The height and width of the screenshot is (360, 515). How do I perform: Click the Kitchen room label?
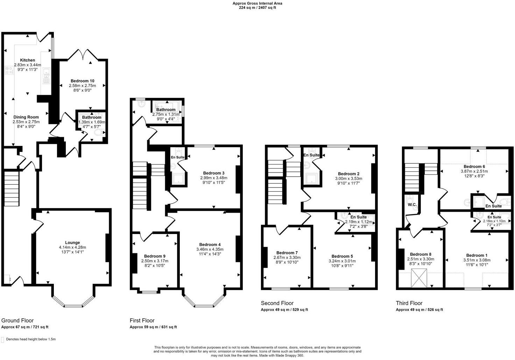coord(27,60)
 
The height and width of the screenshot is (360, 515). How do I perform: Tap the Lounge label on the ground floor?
coord(72,242)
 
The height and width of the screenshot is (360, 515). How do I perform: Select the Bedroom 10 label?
coord(82,81)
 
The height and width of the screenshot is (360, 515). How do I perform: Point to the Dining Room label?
coord(26,117)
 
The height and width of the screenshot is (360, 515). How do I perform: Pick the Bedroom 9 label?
coord(155,256)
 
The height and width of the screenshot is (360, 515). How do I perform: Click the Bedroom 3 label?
coord(214,173)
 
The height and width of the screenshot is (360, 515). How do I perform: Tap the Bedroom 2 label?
coord(348,174)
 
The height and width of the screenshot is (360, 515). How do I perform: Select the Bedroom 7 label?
coord(287,253)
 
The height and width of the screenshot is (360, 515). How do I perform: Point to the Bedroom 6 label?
coord(474,167)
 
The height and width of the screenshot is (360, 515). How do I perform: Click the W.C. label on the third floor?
coord(411,205)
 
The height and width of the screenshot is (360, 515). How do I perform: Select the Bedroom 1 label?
coord(477,255)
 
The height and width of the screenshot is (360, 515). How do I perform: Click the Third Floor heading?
coord(409,303)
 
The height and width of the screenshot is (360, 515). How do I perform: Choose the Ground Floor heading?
coord(17,320)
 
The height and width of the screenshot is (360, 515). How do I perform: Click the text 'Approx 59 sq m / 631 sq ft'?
coord(153,327)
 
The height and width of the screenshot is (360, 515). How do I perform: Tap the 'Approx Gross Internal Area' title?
coord(257,3)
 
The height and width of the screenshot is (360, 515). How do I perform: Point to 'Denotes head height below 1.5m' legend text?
coord(31,339)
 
